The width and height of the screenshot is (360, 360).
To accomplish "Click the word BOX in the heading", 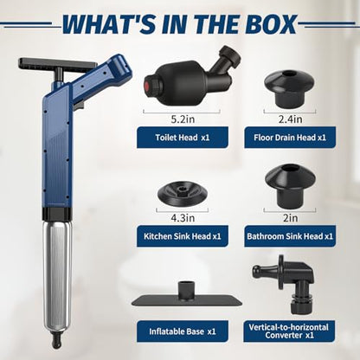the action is click(x=273, y=24).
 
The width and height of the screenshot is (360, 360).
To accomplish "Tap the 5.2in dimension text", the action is click(x=183, y=119).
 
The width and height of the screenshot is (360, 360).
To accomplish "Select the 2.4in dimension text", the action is click(x=290, y=119).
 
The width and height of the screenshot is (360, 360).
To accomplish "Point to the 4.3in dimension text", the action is click(x=183, y=218).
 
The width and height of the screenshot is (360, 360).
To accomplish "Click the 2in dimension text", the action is click(x=290, y=218).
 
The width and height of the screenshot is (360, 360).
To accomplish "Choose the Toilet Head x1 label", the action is click(x=183, y=138).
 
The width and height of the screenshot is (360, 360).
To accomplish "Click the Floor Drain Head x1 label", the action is click(x=290, y=138).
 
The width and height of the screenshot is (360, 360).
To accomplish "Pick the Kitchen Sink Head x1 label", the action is click(x=183, y=236).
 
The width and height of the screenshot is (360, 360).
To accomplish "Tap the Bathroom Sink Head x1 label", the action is click(x=290, y=236).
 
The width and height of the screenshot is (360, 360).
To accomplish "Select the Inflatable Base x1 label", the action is click(x=183, y=331).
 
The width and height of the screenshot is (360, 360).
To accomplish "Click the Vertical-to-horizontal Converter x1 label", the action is click(x=289, y=331).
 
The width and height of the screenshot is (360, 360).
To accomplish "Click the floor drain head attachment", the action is click(x=289, y=88).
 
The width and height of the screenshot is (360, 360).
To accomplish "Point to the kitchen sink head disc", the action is click(x=183, y=194).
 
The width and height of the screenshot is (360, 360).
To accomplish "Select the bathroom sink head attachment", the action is click(x=290, y=186).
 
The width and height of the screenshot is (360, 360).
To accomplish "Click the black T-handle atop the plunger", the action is click(x=57, y=66).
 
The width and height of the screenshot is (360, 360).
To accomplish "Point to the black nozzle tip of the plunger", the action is click(x=56, y=341).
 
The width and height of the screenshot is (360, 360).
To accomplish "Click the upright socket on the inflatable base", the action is click(x=186, y=289).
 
